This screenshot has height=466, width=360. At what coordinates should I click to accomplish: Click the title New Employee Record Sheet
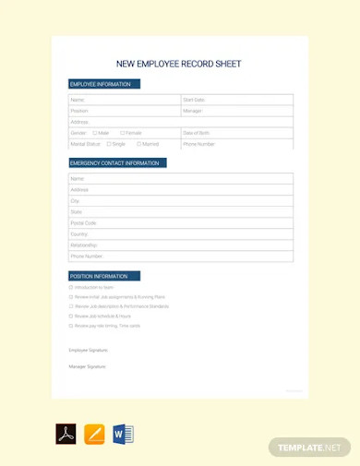(178, 65)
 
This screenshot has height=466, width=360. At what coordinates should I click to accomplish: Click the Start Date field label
(194, 100)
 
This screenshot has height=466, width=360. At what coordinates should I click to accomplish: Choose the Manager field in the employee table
(193, 111)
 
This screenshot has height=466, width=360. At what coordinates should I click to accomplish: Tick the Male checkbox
(95, 133)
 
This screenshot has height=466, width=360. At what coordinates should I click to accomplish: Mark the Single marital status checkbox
(109, 144)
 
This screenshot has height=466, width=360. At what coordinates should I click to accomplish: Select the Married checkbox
(138, 144)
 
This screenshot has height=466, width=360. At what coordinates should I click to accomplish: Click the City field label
(76, 201)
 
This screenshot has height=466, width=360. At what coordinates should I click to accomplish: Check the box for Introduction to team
(71, 287)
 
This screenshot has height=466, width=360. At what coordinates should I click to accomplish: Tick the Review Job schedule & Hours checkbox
(71, 316)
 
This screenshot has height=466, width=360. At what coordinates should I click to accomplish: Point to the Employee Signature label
(89, 351)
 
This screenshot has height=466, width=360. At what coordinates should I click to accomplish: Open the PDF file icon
(66, 435)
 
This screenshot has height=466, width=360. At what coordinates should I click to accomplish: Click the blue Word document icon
(124, 435)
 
